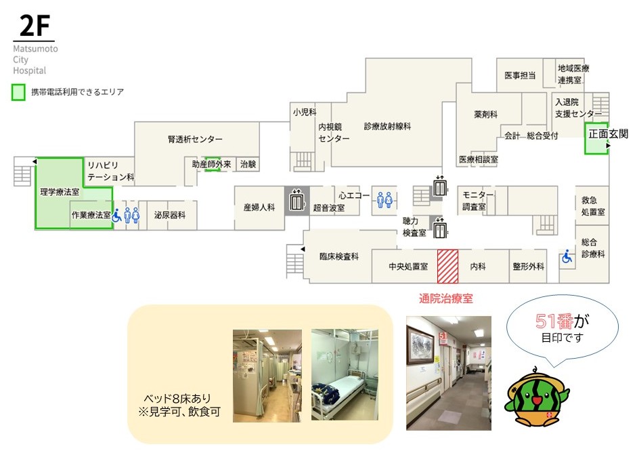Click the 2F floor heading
pos(33,26)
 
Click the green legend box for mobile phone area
pos(18,92)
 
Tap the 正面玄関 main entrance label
pos(608,134)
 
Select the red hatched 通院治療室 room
pos(447,266)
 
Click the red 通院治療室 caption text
pos(448,298)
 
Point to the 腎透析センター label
pos(195,139)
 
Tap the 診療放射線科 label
pos(387,126)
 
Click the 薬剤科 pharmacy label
pos(486,115)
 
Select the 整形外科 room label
pos(528,267)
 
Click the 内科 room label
pos(478,267)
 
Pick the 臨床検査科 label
pos(338,257)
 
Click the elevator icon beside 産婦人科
pos(296,201)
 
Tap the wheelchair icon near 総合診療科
pos(567,257)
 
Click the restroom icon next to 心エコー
pos(385,200)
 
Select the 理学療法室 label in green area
pos(60,192)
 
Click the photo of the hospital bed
pos(344,374)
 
